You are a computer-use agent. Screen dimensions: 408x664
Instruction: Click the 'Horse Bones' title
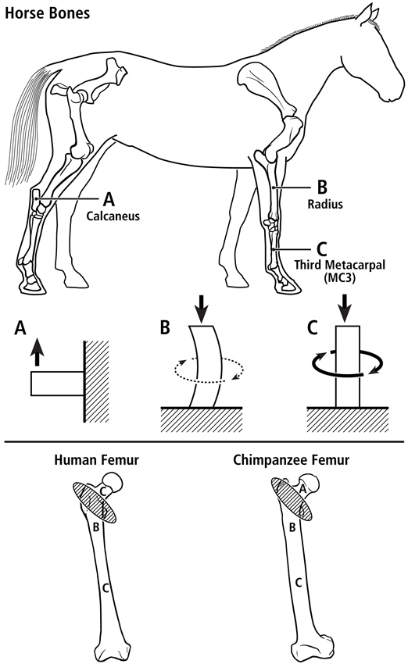pyautogui.click(x=47, y=13)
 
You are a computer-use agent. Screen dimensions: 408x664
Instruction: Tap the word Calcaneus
pyautogui.click(x=113, y=216)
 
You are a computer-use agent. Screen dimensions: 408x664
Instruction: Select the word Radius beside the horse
pyautogui.click(x=325, y=204)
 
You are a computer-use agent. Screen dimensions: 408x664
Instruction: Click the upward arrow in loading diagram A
pyautogui.click(x=38, y=352)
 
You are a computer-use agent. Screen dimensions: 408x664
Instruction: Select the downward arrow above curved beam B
pyautogui.click(x=202, y=309)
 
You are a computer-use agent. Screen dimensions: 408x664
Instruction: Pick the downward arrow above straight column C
pyautogui.click(x=345, y=309)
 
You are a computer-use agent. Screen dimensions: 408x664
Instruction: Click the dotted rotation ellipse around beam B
pyautogui.click(x=209, y=381)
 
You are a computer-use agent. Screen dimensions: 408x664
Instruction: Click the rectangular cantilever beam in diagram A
pyautogui.click(x=57, y=384)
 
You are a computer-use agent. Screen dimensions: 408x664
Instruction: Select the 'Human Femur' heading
pyautogui.click(x=97, y=460)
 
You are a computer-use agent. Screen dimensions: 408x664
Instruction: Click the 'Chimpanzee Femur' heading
pyautogui.click(x=291, y=460)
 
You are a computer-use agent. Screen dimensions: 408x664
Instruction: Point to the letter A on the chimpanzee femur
pyautogui.click(x=302, y=490)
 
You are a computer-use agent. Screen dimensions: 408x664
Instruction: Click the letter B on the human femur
pyautogui.click(x=96, y=527)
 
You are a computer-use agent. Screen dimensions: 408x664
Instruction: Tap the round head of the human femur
pyautogui.click(x=113, y=482)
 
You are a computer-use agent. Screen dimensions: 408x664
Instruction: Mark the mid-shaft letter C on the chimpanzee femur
pyautogui.click(x=299, y=582)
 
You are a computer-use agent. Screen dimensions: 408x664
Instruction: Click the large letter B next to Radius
pyautogui.click(x=322, y=187)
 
